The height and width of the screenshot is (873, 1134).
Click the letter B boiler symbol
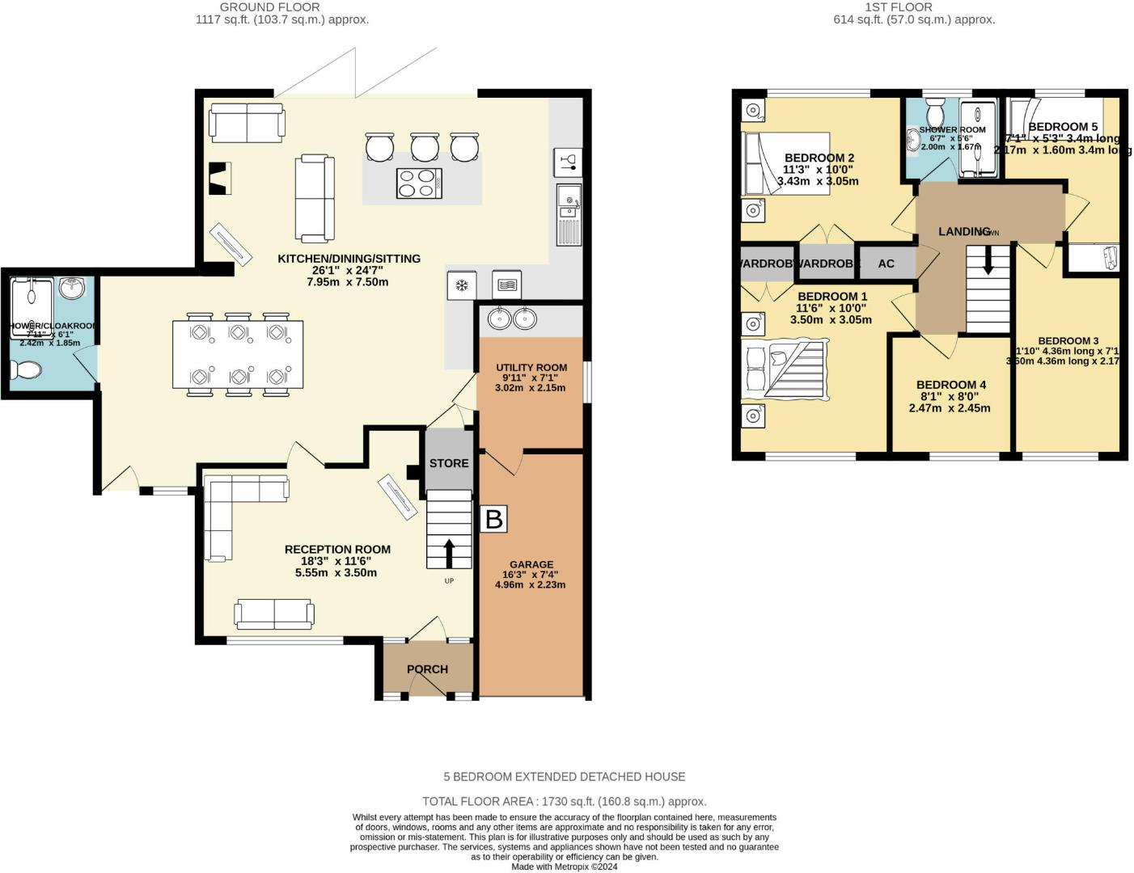(493, 519)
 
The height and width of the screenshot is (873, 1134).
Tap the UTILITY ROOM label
(531, 368)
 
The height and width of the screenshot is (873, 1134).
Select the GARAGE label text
(531, 564)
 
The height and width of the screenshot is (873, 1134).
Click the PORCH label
(427, 669)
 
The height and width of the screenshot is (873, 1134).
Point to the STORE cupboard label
(449, 463)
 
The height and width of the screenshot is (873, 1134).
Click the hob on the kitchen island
(419, 182)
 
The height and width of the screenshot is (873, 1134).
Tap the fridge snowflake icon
(462, 285)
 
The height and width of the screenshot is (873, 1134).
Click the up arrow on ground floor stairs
(448, 554)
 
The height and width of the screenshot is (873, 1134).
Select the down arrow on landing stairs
(987, 260)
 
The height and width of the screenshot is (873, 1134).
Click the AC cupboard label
(886, 264)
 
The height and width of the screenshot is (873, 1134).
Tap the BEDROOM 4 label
(951, 385)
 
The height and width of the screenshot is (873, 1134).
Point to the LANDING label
(964, 232)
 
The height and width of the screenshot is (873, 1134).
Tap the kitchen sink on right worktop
(569, 202)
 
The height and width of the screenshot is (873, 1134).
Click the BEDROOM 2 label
(819, 158)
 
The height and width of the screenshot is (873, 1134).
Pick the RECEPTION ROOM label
(337, 550)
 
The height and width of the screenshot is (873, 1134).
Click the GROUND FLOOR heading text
(270, 7)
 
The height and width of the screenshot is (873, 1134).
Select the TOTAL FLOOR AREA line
(564, 802)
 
